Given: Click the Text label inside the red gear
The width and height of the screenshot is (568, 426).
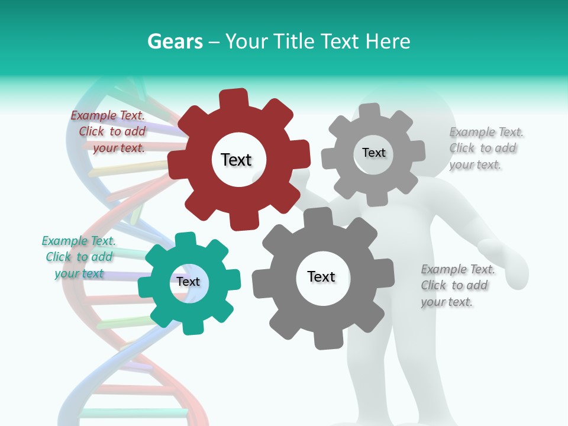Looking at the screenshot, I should (x=236, y=160).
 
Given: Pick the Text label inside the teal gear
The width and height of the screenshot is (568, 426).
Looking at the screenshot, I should (x=188, y=282).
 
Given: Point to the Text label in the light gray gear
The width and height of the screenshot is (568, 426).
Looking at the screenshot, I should (x=373, y=153).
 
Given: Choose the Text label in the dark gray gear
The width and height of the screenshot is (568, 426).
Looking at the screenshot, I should (x=321, y=277).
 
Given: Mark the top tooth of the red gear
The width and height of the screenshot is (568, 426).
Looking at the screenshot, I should (x=234, y=98).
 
